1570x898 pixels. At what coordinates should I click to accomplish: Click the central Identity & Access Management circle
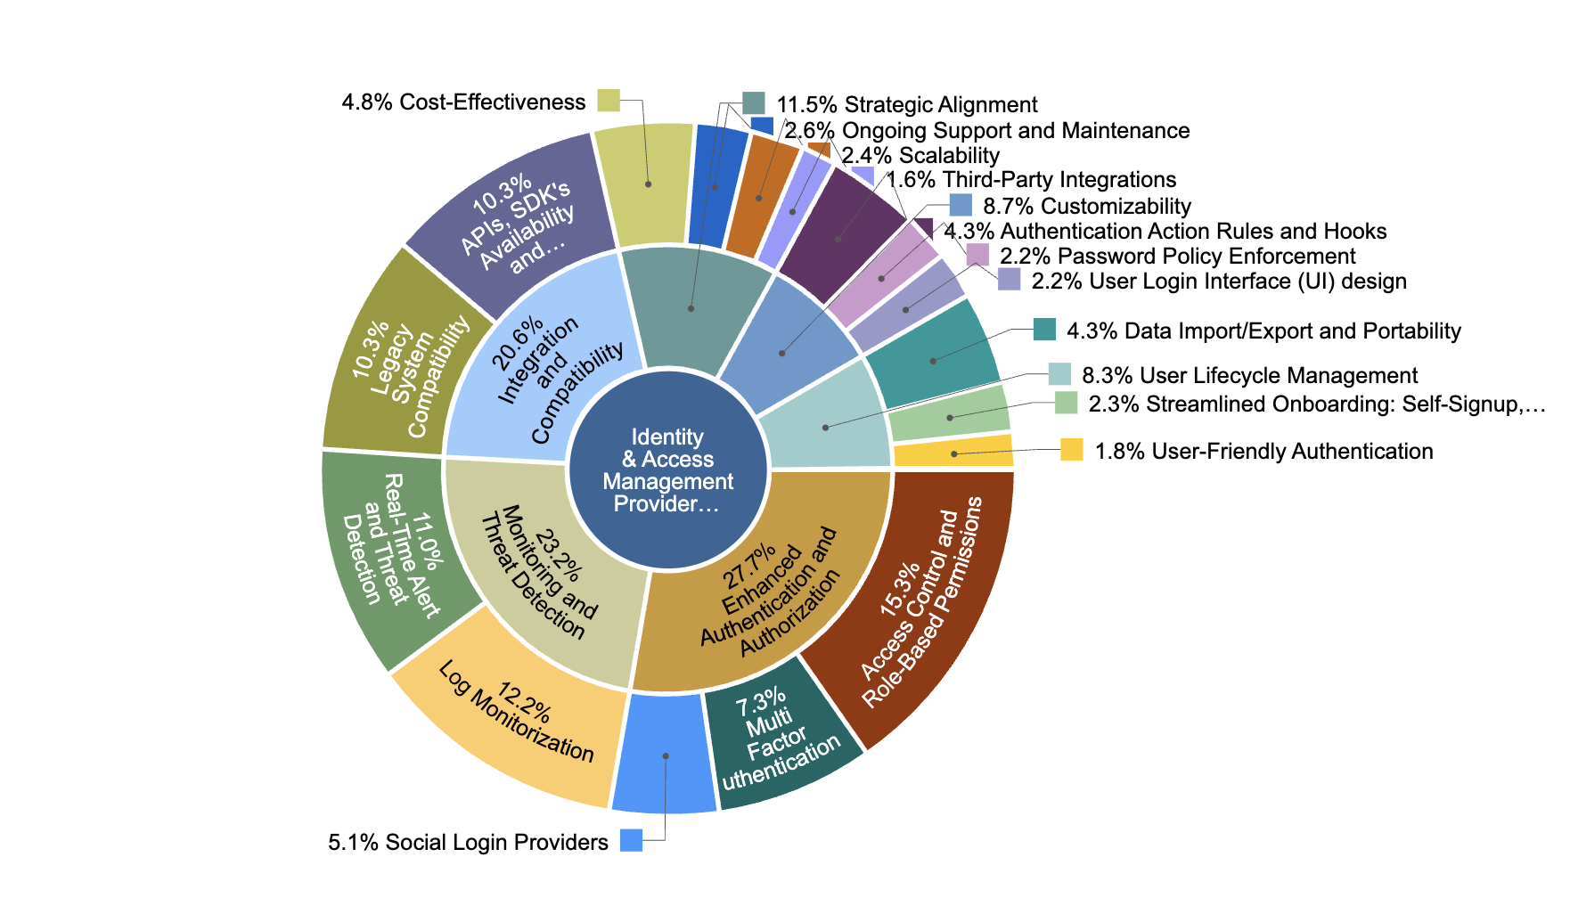668,469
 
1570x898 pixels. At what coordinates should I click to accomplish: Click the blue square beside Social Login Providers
631,840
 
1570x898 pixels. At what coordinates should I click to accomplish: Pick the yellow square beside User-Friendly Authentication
1072,450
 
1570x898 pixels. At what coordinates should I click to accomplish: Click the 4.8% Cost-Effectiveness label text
463,102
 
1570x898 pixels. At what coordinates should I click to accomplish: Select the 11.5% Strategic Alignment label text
906,105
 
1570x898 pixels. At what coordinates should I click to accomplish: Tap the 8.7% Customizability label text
1086,206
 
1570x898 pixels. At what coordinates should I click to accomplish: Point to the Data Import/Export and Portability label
1263,331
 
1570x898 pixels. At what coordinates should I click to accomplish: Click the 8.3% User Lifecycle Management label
1249,375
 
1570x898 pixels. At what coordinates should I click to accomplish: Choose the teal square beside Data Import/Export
1044,330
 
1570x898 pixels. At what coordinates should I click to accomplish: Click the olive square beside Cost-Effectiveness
609,100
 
